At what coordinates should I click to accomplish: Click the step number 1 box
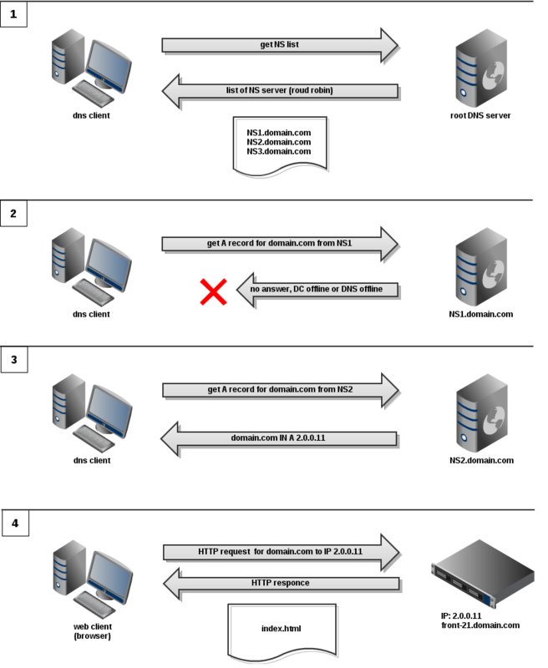[13, 14]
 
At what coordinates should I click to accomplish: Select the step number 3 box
[13, 361]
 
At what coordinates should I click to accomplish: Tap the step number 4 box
[13, 524]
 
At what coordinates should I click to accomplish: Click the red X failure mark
[214, 291]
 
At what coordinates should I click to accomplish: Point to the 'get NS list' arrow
[280, 45]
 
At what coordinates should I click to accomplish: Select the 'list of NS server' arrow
[280, 90]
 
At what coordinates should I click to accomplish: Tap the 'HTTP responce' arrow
[280, 583]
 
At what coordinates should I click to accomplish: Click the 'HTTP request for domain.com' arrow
[280, 552]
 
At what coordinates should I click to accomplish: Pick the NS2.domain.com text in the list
[278, 142]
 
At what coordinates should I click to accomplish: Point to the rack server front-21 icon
[482, 577]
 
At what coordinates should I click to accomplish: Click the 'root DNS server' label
[480, 115]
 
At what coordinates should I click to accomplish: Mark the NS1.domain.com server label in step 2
[480, 314]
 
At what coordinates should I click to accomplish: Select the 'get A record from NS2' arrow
[280, 390]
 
